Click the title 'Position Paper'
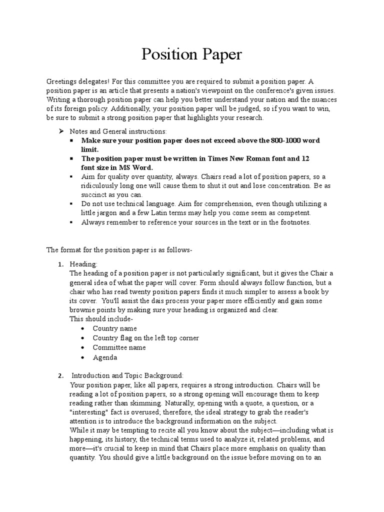pyautogui.click(x=191, y=54)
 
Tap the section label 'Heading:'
pyautogui.click(x=83, y=264)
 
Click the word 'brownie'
pyautogui.click(x=83, y=310)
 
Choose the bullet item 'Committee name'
pyautogui.click(x=119, y=347)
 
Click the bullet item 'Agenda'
pyautogui.click(x=104, y=357)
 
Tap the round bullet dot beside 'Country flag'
pyautogui.click(x=82, y=338)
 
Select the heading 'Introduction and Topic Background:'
pyautogui.click(x=128, y=375)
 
